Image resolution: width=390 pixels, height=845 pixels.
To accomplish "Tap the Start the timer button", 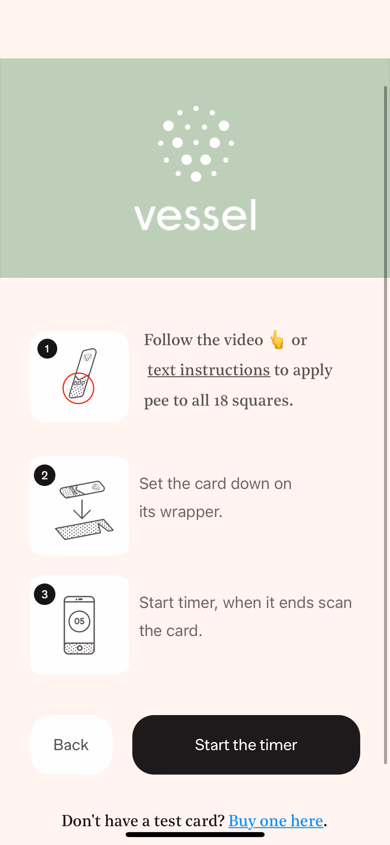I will tap(246, 744).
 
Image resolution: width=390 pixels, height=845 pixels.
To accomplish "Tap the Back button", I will tap(71, 744).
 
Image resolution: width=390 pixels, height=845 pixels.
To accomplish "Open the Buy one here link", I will tap(276, 821).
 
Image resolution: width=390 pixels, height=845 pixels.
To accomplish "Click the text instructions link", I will tap(209, 370).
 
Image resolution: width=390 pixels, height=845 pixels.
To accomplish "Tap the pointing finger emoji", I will tap(277, 340).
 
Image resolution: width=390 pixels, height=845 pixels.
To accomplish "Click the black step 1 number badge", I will tap(47, 348).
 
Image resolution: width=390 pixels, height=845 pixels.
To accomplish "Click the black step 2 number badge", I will tap(45, 475).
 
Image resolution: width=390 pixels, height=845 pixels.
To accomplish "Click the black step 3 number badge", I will tap(45, 594).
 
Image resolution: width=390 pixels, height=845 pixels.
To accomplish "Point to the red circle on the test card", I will tap(78, 388).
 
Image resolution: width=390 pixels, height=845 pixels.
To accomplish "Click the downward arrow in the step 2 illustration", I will tap(82, 509).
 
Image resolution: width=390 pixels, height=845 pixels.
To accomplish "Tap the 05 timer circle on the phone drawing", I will tap(79, 621).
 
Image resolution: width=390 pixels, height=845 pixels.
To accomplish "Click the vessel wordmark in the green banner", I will tap(195, 216).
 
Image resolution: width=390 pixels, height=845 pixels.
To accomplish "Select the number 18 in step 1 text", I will tap(221, 400).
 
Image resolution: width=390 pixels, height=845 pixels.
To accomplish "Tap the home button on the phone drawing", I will tap(79, 648).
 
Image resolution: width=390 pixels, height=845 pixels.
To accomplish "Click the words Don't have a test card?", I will tap(143, 821).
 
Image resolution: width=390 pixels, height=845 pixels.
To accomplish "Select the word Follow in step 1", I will tap(168, 340).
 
